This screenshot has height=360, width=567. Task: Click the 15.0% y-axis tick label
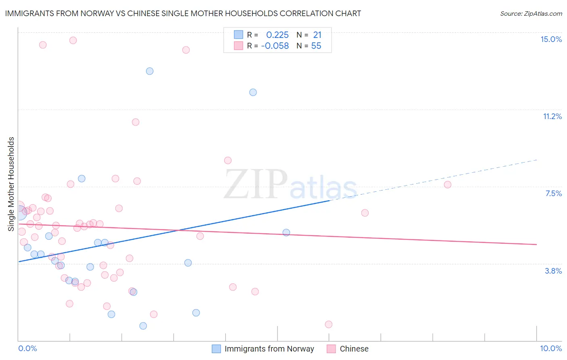tap(551, 39)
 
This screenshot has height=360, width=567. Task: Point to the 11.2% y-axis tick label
tap(552, 116)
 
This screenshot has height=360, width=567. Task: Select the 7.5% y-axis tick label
tap(553, 193)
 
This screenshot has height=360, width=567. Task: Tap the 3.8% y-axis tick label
tap(553, 271)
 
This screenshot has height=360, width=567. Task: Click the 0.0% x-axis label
tap(27, 348)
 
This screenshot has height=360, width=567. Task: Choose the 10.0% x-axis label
tap(551, 348)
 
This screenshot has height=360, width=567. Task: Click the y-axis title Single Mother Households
tap(11, 184)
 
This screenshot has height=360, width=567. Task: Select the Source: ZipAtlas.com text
tap(531, 14)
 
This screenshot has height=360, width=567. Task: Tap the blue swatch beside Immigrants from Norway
tap(217, 349)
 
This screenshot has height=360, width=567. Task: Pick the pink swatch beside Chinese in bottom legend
tap(331, 349)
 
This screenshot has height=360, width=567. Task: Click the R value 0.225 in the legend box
tap(277, 35)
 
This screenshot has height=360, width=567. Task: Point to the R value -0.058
tap(275, 46)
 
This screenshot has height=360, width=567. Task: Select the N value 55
tap(316, 46)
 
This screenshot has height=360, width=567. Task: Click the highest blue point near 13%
tap(150, 71)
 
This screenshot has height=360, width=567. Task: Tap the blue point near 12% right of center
tap(253, 92)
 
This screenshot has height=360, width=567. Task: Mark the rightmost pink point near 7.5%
tap(447, 184)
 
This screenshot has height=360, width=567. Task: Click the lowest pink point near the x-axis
tap(329, 324)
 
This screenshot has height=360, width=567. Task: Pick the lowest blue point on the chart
tap(143, 326)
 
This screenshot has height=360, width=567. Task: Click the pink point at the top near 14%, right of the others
tap(186, 50)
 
